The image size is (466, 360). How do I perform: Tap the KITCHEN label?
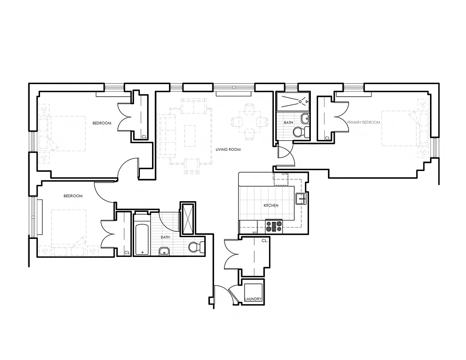coord(271,206)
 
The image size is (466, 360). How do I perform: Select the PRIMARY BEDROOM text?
coord(363,122)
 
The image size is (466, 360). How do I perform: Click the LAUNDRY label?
coord(253,299)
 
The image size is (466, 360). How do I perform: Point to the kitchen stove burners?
coord(274,225)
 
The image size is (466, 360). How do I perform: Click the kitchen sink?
coord(301,198)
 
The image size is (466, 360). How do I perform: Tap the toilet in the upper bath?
coord(299,132)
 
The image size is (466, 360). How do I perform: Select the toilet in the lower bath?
coord(194,247)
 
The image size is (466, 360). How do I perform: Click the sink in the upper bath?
coord(305,118)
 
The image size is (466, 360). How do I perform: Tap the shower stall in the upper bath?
coord(292,102)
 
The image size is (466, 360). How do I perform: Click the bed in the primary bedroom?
coord(399,128)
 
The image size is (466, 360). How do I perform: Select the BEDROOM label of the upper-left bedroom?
coord(102,123)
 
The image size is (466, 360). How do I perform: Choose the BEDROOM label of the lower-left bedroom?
coord(73,196)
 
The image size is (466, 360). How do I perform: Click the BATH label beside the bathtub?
coord(166,237)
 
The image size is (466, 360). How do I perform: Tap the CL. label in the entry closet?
coord(264,241)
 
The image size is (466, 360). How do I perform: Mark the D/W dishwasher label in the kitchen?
coord(284,174)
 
